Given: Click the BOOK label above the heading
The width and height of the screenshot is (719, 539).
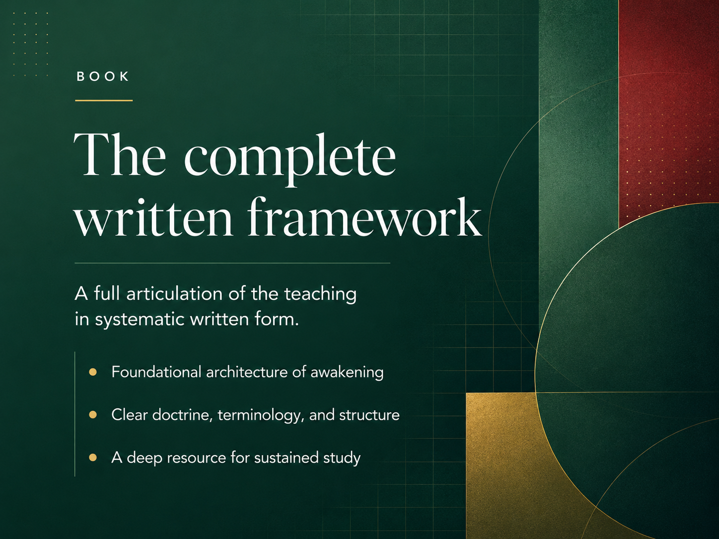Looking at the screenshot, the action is pos(102,76).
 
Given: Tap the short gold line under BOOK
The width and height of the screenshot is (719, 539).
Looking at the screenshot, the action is pos(104,100).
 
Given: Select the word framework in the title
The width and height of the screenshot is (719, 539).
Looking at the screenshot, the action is pos(364,217).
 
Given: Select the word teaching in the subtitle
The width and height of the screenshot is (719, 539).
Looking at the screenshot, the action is pos(320,294).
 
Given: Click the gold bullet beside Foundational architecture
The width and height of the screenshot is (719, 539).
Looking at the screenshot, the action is pos(93,372).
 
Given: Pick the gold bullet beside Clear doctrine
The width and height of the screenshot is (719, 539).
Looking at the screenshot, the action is pos(93,414).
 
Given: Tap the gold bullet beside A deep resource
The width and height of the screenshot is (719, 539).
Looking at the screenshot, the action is pos(93,457).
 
